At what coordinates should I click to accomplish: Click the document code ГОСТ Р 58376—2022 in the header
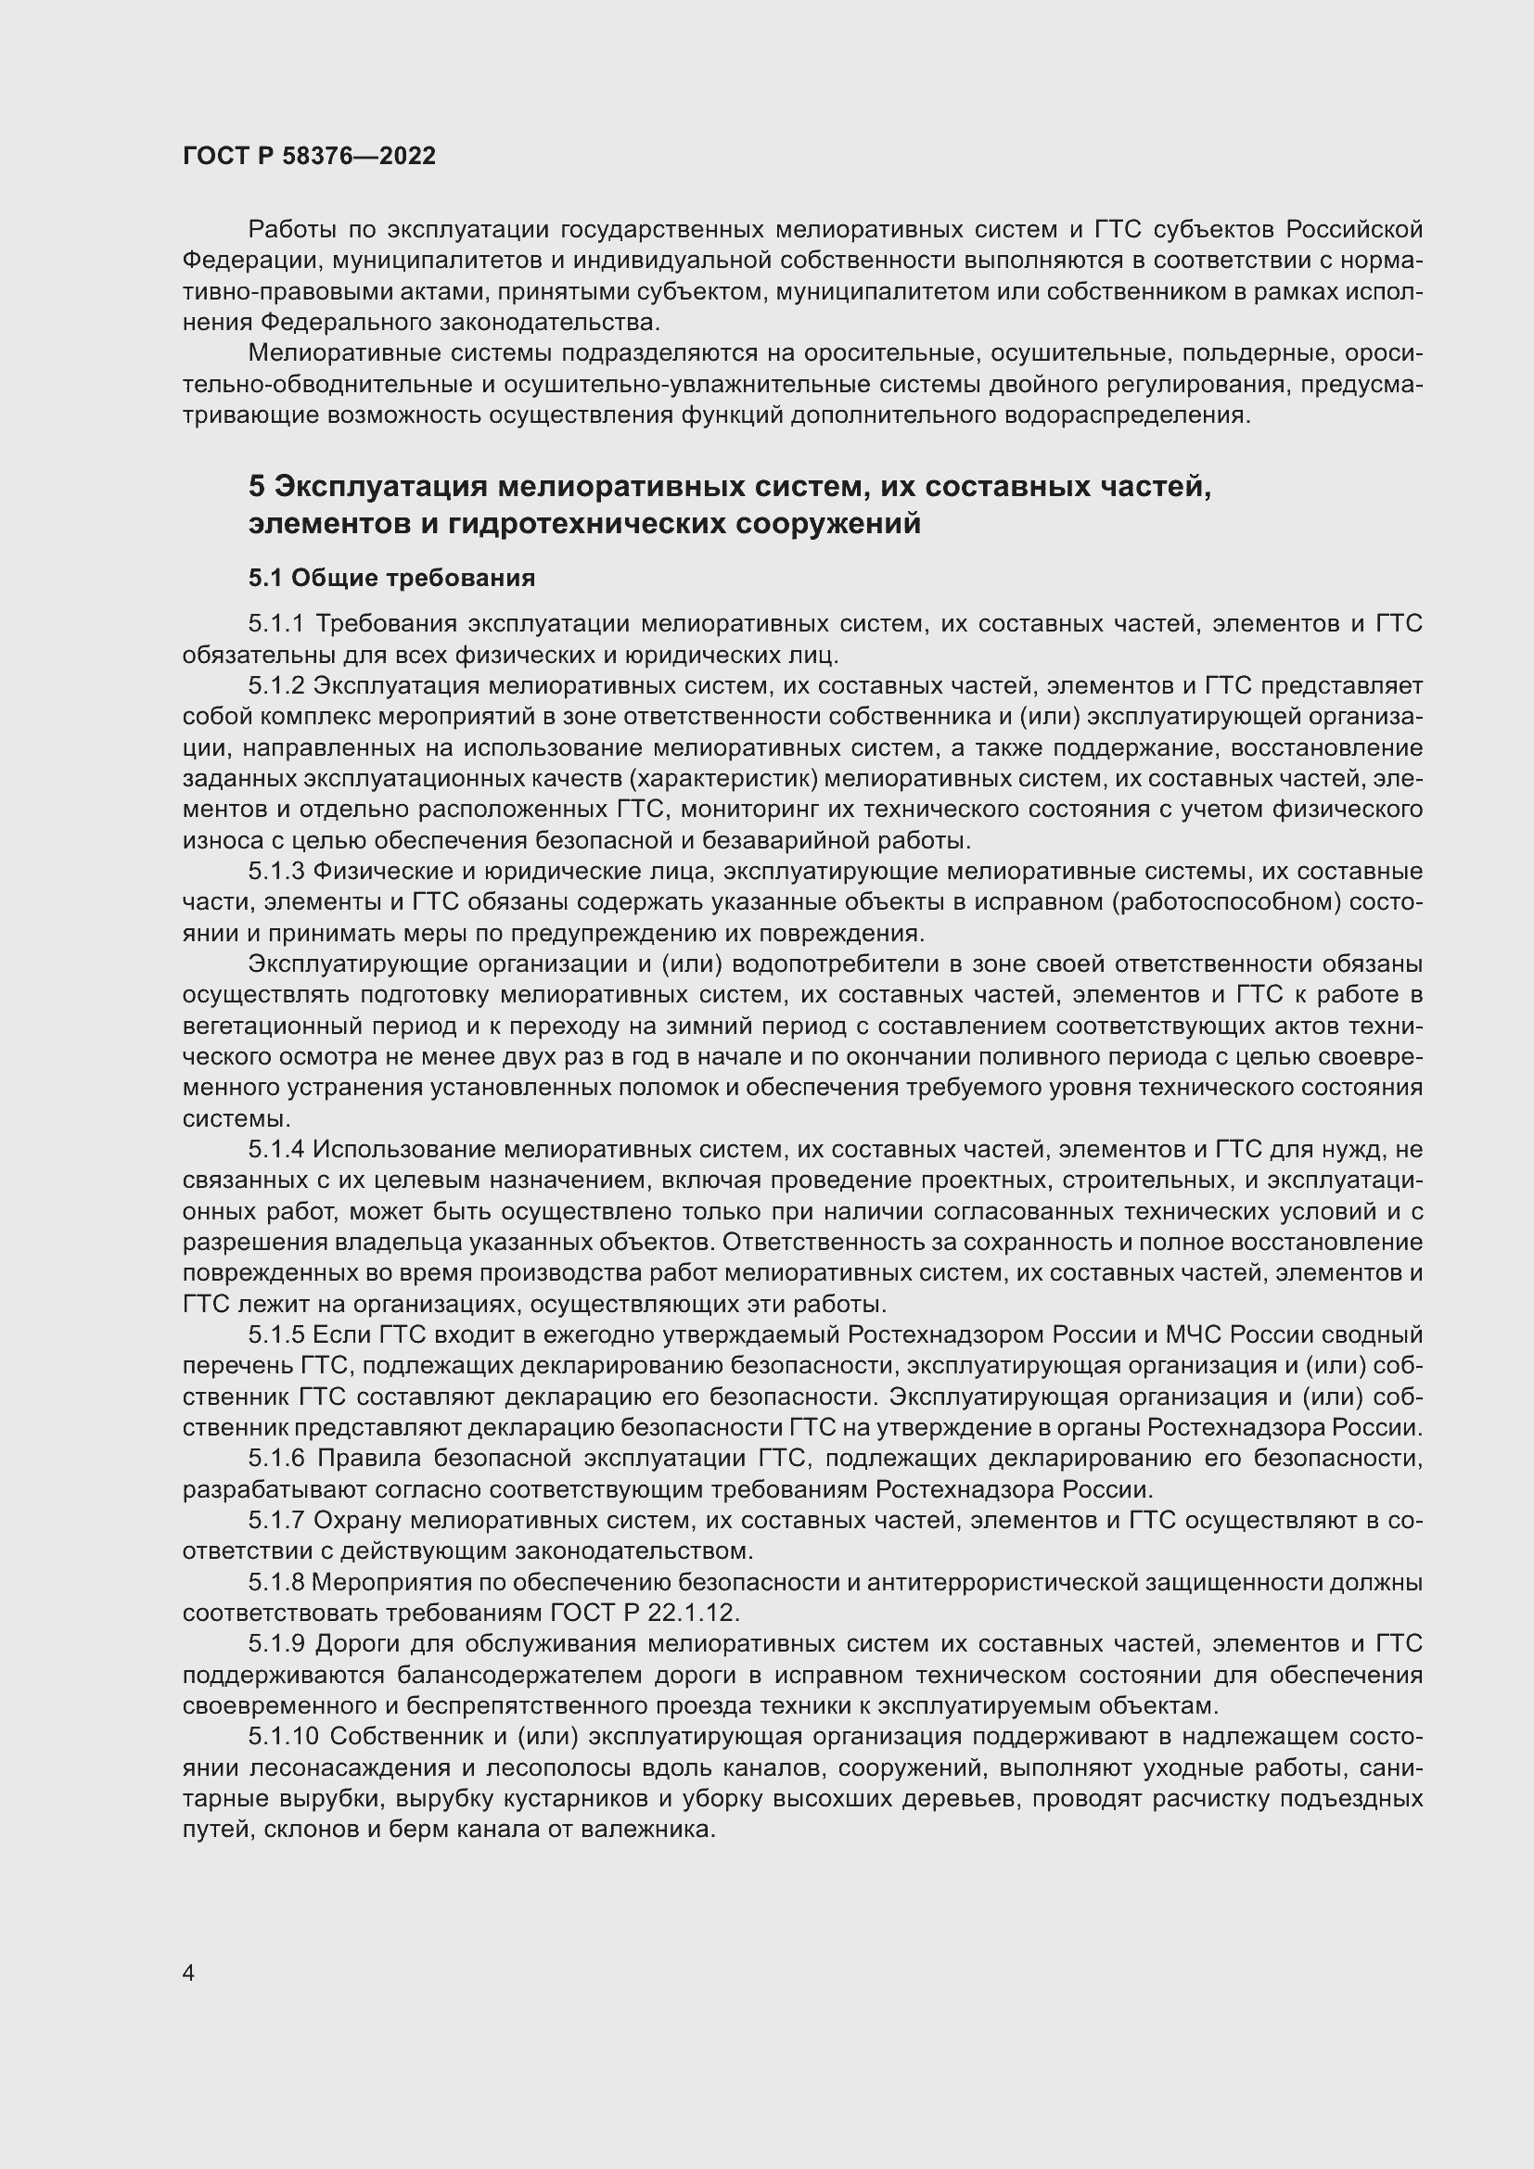pyautogui.click(x=309, y=156)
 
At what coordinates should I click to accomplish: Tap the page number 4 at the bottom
pyautogui.click(x=189, y=1973)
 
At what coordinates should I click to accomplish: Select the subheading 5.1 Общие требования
pyautogui.click(x=391, y=578)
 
